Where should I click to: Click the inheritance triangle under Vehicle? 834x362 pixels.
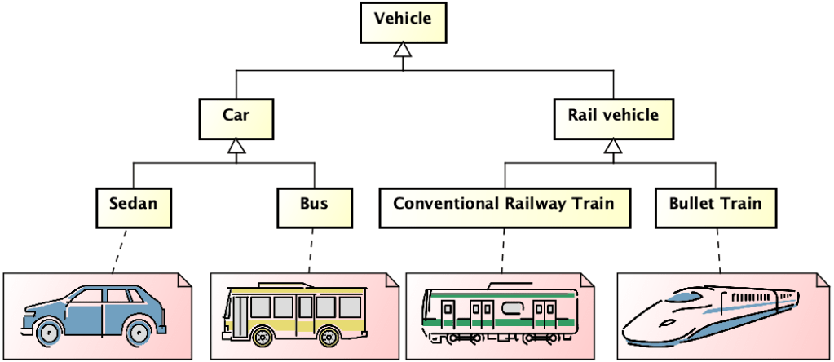pos(403,51)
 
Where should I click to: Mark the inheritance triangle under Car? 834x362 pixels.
pos(236,147)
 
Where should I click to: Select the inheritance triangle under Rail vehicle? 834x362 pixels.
pos(612,147)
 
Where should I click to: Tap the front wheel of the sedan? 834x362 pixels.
pos(49,332)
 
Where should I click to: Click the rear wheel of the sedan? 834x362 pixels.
pos(139,332)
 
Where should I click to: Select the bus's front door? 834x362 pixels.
pos(239,314)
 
